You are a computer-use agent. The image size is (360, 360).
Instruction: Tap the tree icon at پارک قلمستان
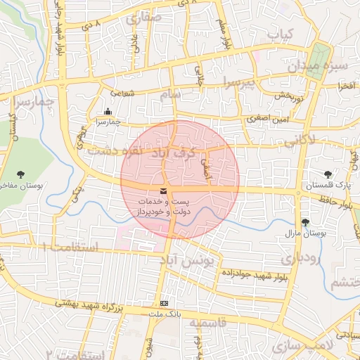coord(327,174)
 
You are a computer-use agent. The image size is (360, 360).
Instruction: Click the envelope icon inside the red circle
coord(164,191)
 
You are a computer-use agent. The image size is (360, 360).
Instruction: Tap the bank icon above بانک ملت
coord(164,302)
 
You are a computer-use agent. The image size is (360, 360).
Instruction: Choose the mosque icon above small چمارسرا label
coord(107,111)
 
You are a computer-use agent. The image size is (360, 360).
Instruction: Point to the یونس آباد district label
coord(186,261)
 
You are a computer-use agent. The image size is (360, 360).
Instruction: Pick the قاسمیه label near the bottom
coord(205,323)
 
